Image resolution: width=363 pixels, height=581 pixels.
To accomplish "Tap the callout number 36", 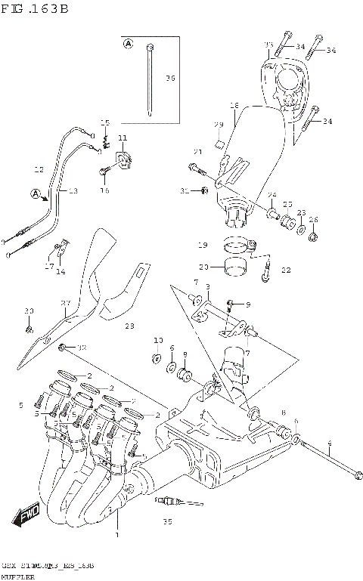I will click(170, 79).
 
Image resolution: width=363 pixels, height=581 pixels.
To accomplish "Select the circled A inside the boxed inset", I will click(128, 45).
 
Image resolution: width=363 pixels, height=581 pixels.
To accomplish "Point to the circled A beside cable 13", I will click(36, 194).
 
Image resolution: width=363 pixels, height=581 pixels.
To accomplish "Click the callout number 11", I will click(122, 138).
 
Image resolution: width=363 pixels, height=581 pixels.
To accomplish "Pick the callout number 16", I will click(105, 190).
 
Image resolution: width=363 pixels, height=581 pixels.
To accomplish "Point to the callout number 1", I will click(117, 535).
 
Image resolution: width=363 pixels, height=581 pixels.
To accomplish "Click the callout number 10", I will click(158, 340).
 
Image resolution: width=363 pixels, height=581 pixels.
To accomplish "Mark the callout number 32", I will click(82, 348).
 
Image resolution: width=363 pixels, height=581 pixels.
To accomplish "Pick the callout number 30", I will click(29, 311).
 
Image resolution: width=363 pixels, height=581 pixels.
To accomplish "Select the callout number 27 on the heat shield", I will click(65, 304).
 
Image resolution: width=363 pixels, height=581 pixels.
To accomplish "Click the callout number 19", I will click(202, 245).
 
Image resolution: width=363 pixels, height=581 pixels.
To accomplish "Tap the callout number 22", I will click(285, 270).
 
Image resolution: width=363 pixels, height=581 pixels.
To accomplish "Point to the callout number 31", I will click(184, 191).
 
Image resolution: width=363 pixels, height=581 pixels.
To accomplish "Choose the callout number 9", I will click(247, 304).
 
